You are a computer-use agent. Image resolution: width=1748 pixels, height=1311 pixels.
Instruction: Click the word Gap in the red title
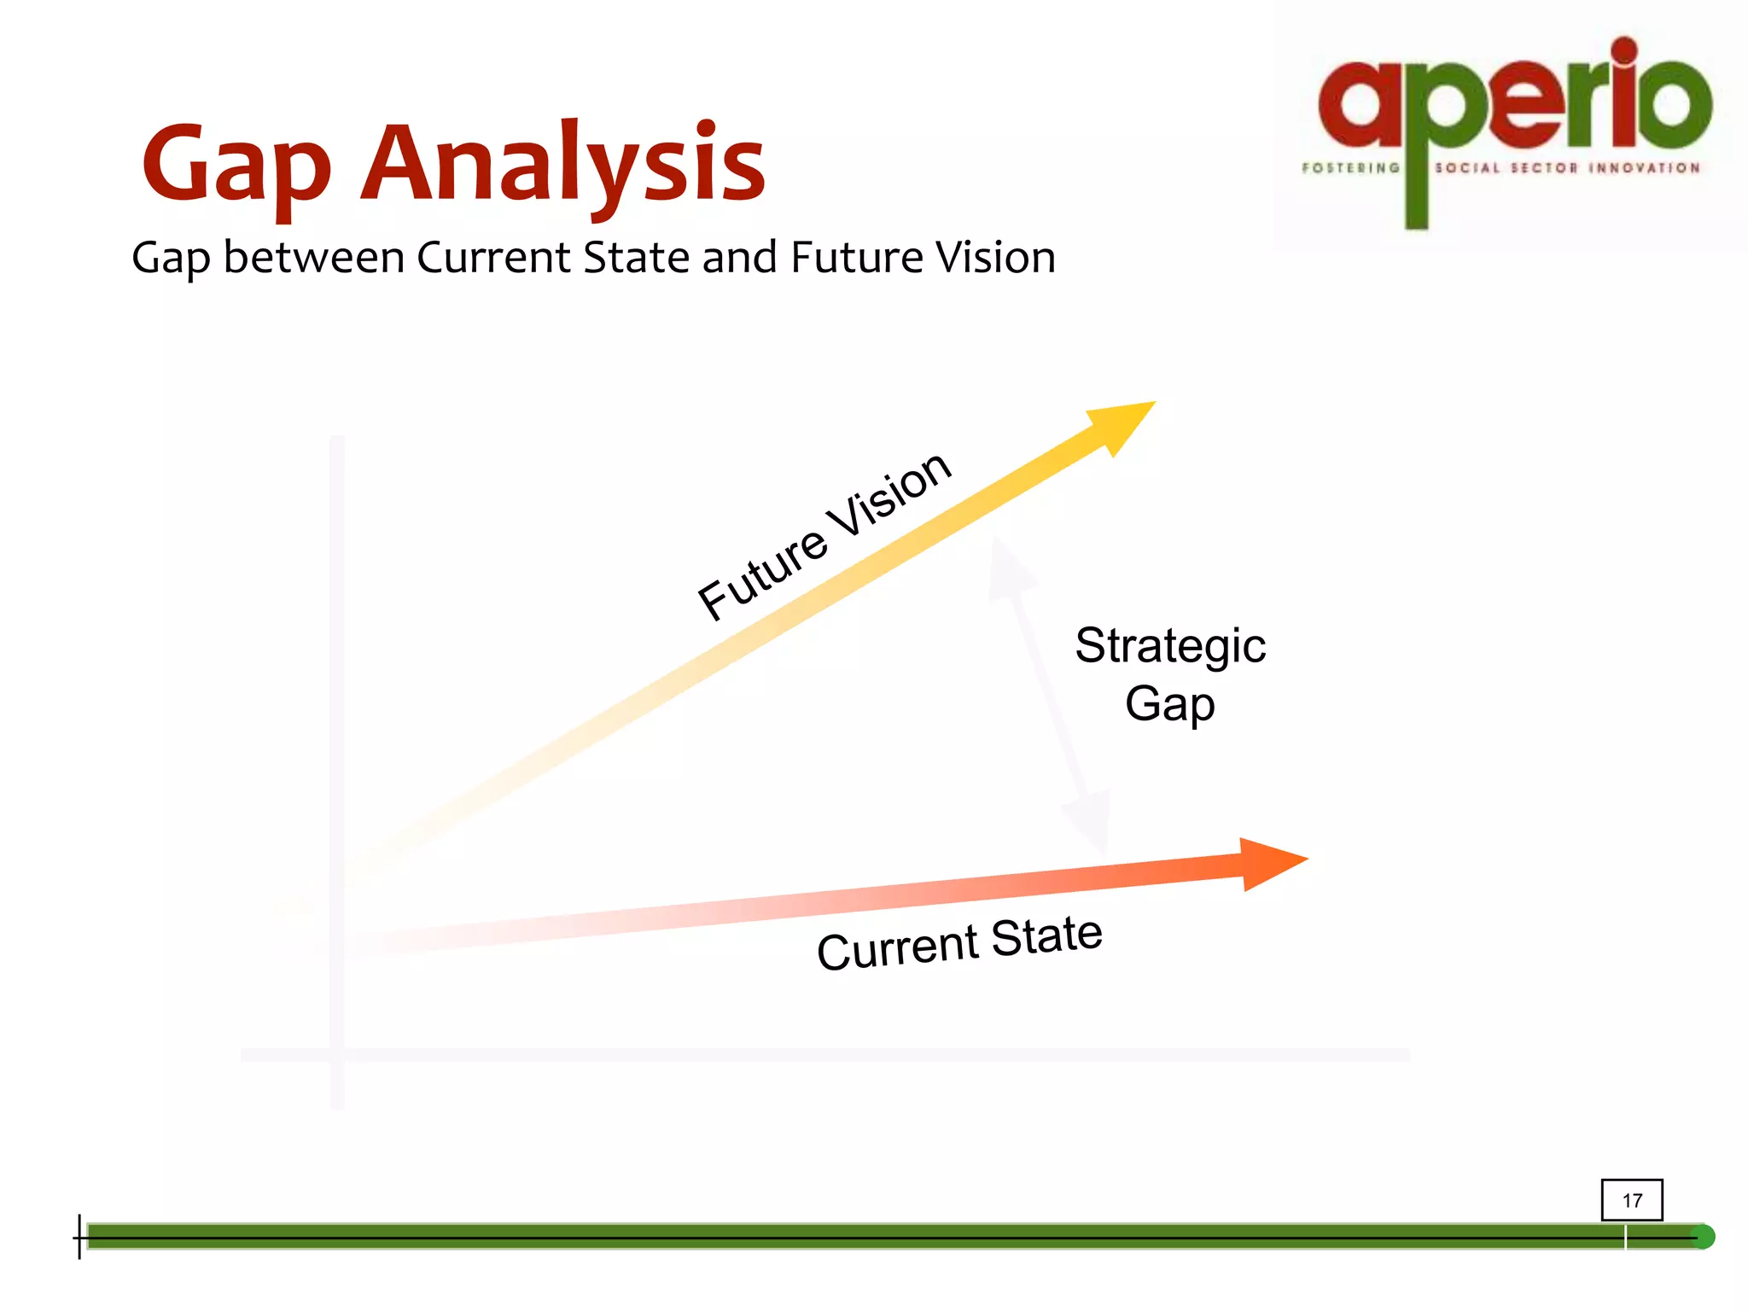tap(236, 166)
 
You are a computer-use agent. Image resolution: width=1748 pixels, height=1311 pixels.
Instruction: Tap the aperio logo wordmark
tap(1515, 98)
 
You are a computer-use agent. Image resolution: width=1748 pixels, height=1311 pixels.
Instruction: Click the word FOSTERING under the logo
tap(1350, 168)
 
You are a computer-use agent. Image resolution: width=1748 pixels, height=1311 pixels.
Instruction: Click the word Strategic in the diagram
tap(1169, 646)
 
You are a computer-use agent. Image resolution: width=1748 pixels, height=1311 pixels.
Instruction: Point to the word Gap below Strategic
tap(1169, 705)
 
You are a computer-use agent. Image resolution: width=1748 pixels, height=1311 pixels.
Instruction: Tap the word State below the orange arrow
tap(1046, 935)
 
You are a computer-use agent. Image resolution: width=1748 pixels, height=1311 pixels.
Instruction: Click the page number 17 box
tap(1631, 1200)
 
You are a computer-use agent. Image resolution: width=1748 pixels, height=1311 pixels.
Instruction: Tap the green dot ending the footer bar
tap(1702, 1237)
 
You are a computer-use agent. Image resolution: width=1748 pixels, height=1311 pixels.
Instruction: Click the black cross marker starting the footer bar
tap(80, 1237)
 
